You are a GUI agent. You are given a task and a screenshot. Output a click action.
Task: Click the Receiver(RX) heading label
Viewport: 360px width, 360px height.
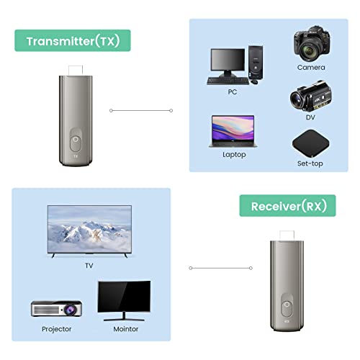click(x=288, y=206)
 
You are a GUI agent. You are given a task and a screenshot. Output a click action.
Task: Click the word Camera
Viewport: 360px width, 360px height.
click(x=310, y=67)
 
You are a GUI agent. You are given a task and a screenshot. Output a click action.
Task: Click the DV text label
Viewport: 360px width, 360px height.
click(x=310, y=117)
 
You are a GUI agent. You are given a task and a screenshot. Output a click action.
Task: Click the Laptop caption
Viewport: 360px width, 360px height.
click(x=235, y=154)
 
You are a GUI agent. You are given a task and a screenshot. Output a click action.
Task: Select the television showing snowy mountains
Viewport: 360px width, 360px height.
click(x=89, y=230)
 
